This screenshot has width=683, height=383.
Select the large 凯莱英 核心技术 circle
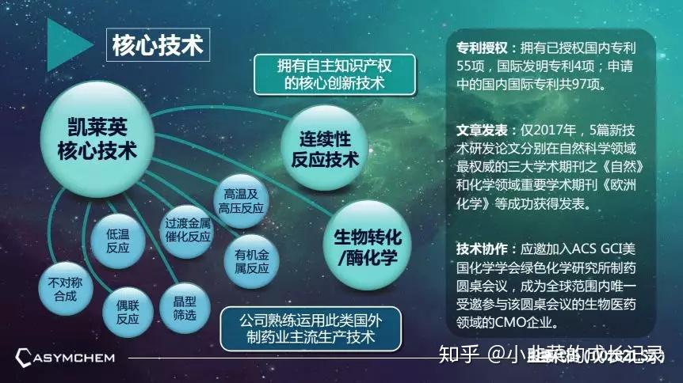(97, 136)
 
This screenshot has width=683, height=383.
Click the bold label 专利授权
(483, 47)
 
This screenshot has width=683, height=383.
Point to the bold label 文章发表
(483, 128)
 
